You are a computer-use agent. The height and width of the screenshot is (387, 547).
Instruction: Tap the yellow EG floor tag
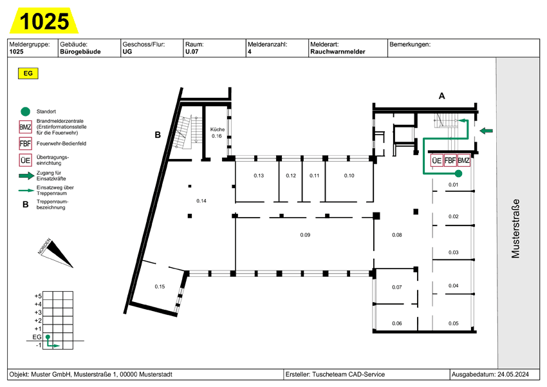pos(28,73)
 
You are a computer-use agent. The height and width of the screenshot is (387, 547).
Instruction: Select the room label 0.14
pos(201,201)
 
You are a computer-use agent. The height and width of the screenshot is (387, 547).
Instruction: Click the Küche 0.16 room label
pos(216,133)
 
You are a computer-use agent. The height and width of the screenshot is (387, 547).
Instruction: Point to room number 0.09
pos(305,235)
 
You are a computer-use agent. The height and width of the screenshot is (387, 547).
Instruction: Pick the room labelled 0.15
pos(160,286)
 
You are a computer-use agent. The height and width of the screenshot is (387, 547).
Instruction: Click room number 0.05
pos(453,323)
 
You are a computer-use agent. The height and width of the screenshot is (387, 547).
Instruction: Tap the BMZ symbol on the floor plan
pos(464,161)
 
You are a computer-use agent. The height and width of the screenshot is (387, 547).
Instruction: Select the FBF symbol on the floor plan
pos(450,161)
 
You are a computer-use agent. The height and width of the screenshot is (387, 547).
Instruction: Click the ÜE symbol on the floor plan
pos(436,161)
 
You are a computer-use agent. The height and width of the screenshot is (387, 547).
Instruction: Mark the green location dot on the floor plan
pos(458,174)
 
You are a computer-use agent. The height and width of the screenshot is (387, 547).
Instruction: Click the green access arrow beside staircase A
pos(487,131)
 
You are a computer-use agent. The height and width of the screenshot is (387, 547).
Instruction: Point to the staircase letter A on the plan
pos(441,96)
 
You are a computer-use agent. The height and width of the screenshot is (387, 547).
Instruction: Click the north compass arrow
pos(57,254)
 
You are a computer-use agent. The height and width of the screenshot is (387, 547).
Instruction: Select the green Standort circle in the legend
pos(25,111)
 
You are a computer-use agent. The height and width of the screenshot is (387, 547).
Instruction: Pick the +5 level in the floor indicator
pos(38,296)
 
